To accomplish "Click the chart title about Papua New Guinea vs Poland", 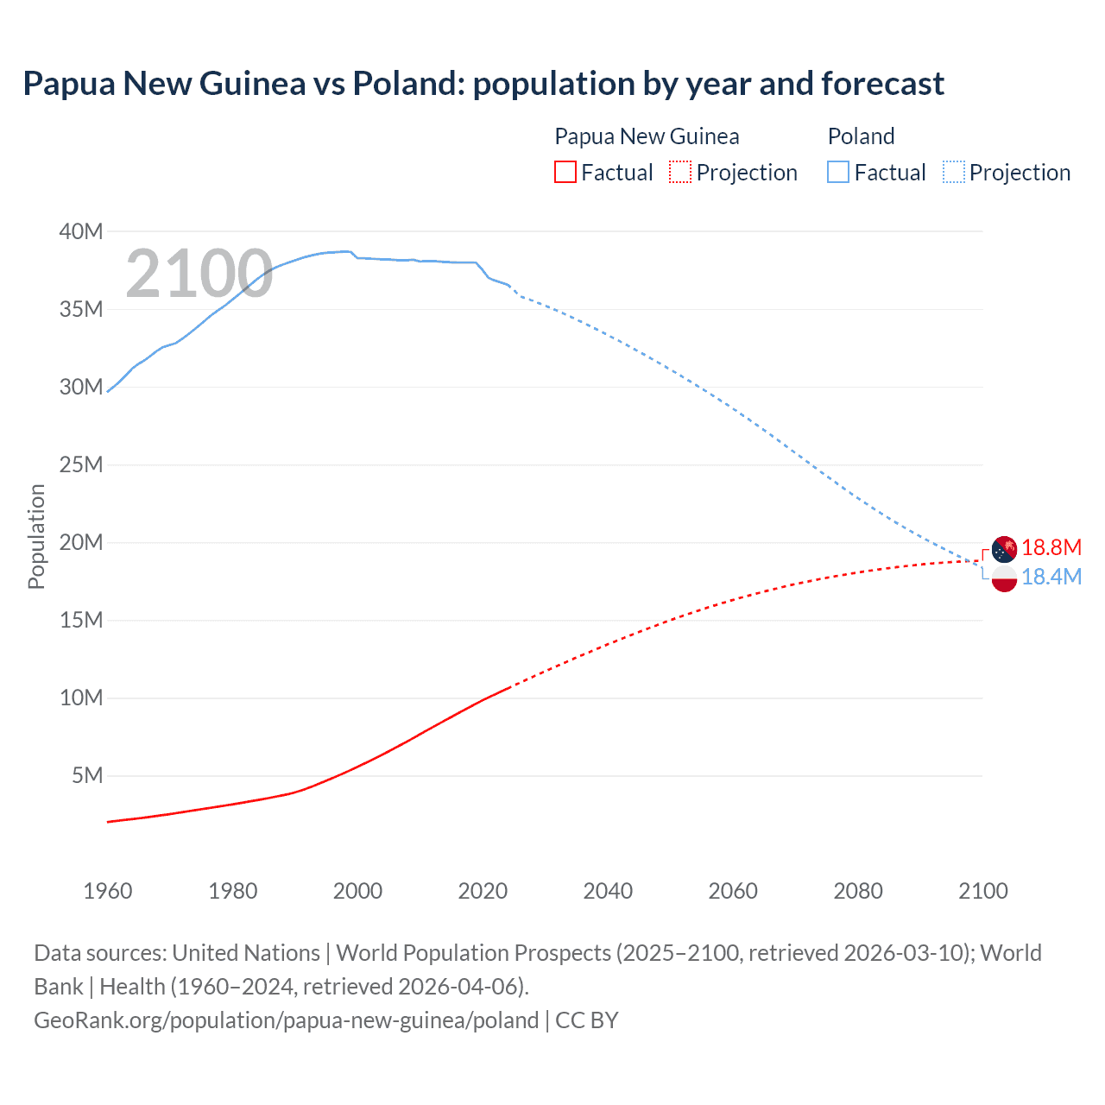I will tap(483, 84).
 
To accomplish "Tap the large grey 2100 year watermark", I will tap(199, 274).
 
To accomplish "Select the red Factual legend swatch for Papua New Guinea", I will tap(565, 173).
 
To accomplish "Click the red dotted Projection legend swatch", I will tap(680, 173).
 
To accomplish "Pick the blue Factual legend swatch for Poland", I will tap(838, 173).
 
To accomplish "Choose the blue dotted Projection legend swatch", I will tap(954, 173).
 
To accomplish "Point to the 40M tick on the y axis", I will tap(81, 231).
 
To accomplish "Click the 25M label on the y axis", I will tap(81, 464).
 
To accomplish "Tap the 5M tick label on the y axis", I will tap(87, 775).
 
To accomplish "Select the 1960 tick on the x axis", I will tap(108, 891).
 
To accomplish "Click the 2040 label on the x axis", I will tap(608, 891).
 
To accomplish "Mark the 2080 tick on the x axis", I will tap(858, 891).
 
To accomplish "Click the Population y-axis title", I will tap(36, 536).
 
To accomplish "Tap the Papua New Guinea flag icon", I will tap(1004, 548).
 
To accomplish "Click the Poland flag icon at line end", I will tap(1004, 578).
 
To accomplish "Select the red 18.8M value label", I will tap(1051, 548).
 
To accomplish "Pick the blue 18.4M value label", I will tap(1051, 578).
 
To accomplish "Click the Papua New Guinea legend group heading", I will tap(647, 136).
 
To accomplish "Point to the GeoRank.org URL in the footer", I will tap(286, 1020).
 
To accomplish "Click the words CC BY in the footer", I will tap(587, 1020).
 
